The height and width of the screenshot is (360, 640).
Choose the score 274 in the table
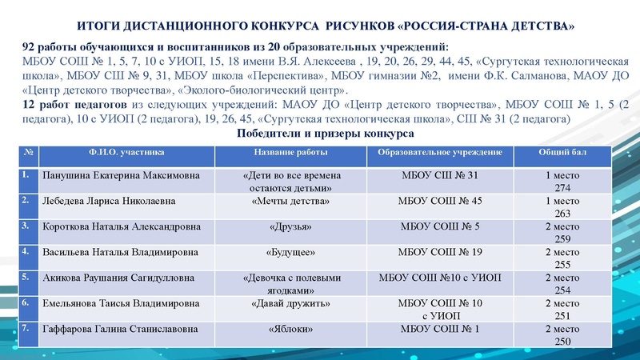[x=562, y=186]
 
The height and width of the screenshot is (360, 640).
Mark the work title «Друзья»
[x=292, y=226]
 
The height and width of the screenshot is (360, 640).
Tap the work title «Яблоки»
[x=292, y=329]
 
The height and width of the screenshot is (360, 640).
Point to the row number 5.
[x=27, y=277]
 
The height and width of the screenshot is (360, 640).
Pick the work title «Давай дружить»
[x=292, y=303]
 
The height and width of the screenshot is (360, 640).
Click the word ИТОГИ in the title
[x=109, y=27]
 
